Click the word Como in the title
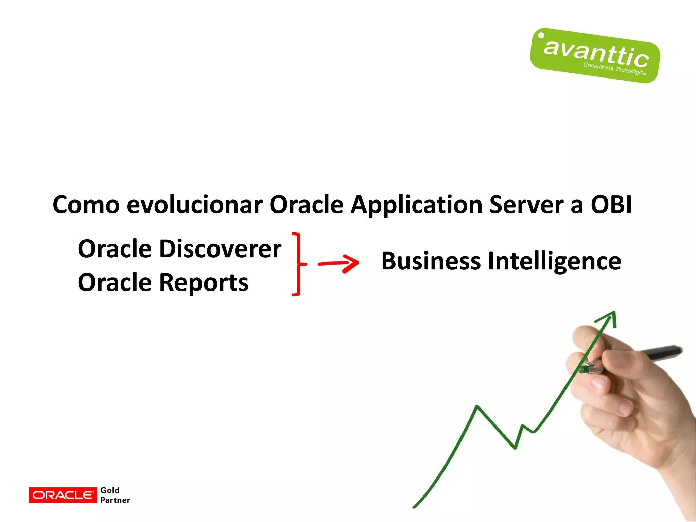(86, 205)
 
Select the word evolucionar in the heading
(194, 205)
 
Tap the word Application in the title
(416, 206)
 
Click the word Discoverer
(220, 249)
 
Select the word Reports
(204, 283)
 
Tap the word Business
(431, 261)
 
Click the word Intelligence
(555, 262)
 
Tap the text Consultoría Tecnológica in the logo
(614, 68)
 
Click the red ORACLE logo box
(63, 495)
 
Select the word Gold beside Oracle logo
(110, 490)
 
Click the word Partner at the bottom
(115, 500)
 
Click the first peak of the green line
(477, 406)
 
